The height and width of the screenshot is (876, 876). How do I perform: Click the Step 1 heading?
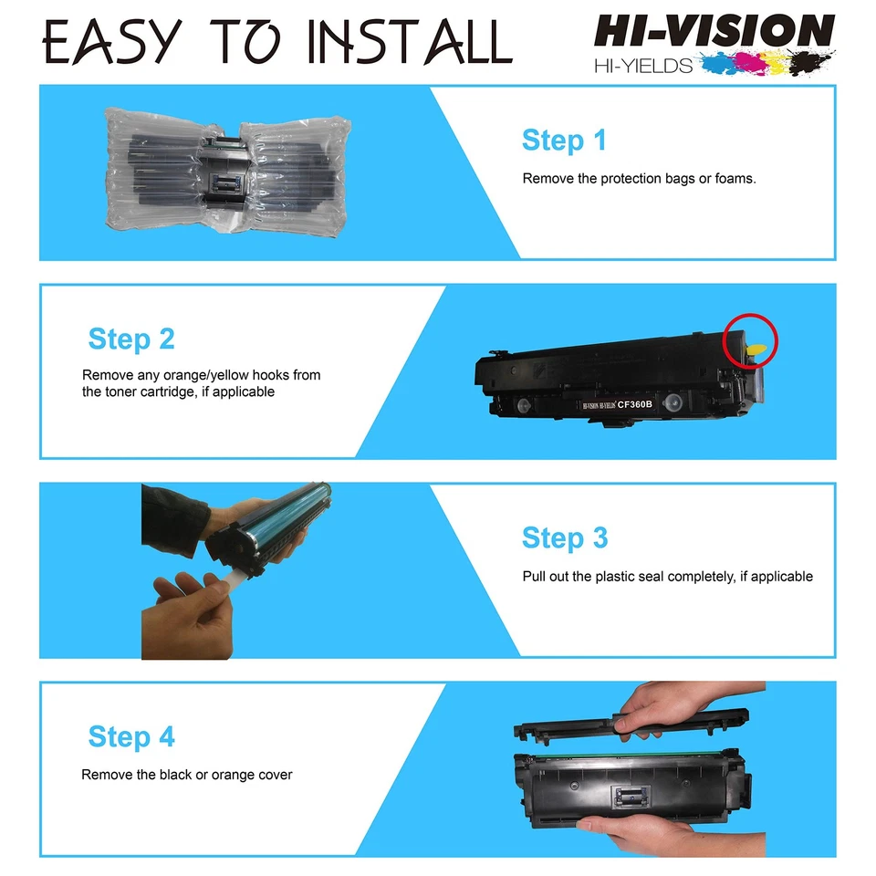[x=563, y=141]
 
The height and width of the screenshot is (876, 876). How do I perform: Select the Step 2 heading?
[x=131, y=339]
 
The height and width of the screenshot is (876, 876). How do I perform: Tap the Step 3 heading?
[x=564, y=538]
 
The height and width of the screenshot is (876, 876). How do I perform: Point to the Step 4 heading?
[x=131, y=736]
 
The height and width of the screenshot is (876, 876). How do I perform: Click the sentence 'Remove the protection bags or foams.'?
[x=639, y=179]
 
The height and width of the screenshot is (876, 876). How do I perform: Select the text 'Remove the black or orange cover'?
[x=187, y=775]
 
